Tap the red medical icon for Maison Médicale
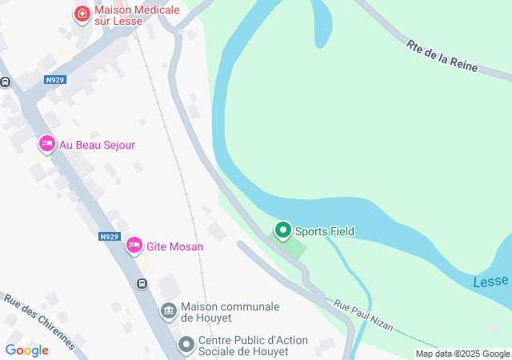[x=81, y=14]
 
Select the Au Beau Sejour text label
[x=97, y=145]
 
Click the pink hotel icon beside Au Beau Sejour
[x=46, y=144]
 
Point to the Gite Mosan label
[x=174, y=246]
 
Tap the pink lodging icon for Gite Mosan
[x=134, y=245]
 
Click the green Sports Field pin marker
[x=282, y=230]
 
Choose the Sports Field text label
[x=324, y=231]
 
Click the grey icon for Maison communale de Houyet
[x=169, y=310]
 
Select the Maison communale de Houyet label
[x=230, y=312]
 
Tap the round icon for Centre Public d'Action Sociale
[x=186, y=345]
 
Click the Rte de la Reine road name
[x=442, y=57]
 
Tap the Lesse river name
[x=490, y=282]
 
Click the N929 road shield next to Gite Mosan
[x=110, y=237]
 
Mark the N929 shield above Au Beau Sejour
[x=54, y=80]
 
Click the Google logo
[x=26, y=350]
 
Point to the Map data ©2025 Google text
[x=462, y=354]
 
